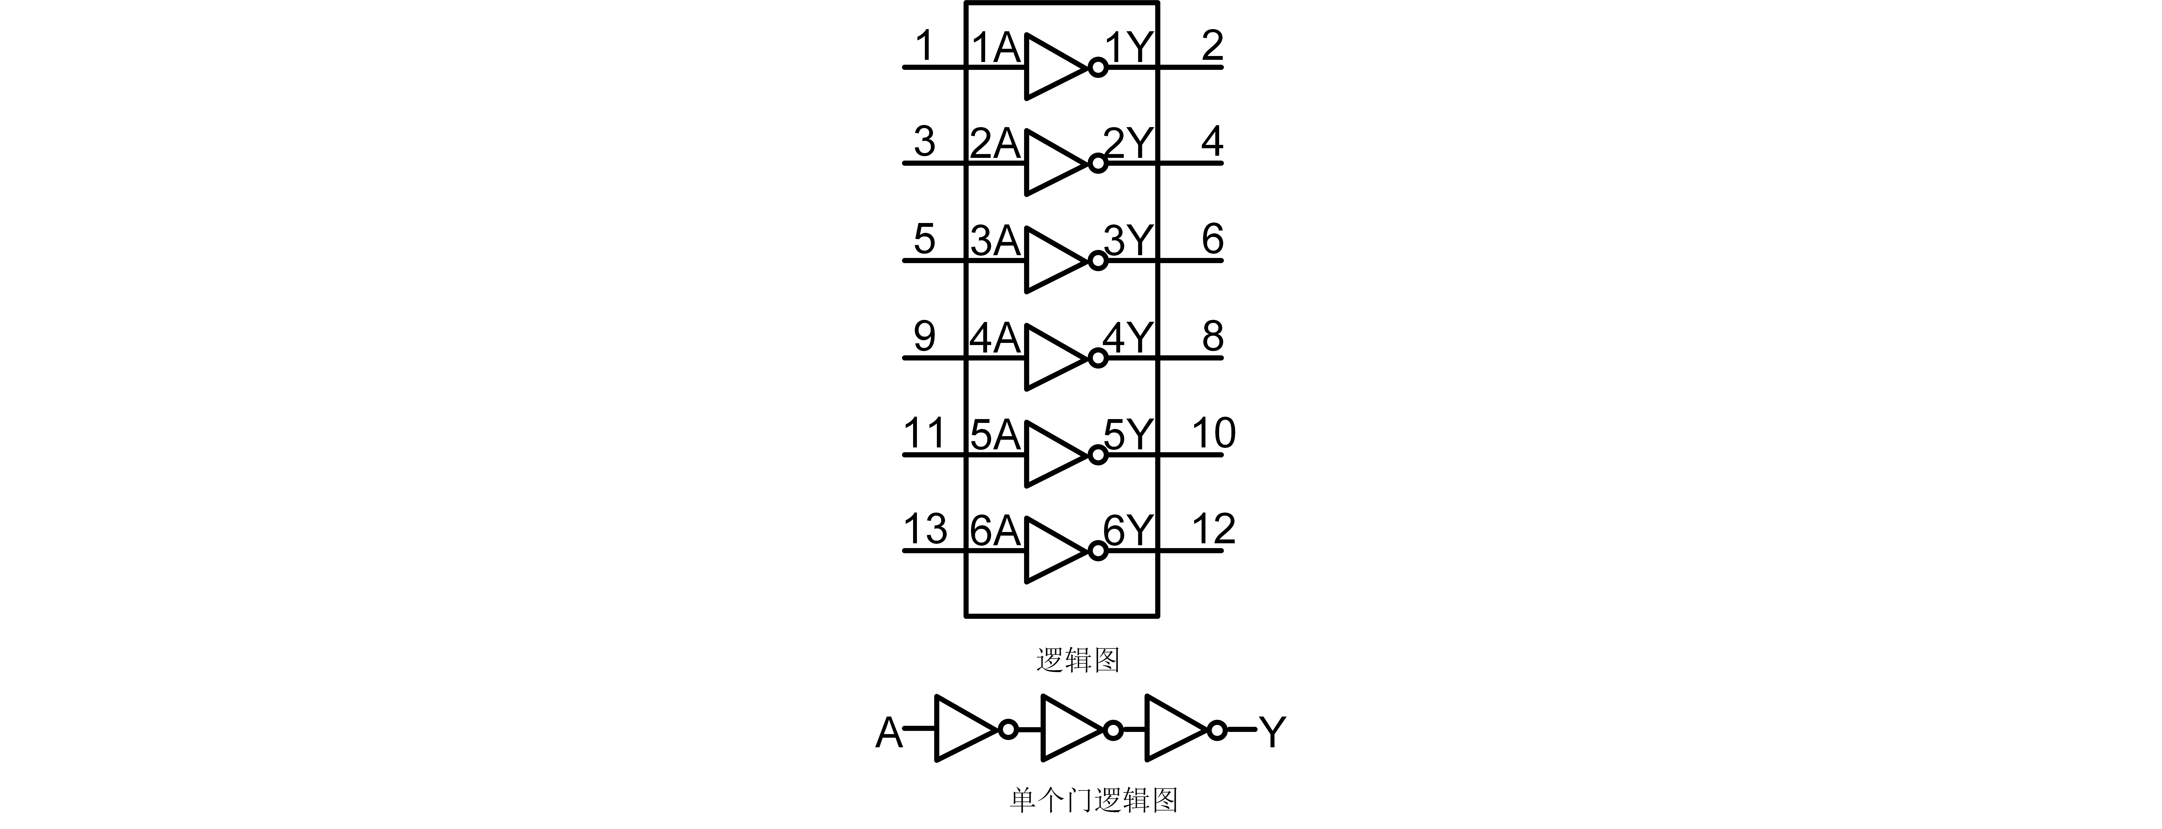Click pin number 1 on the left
click(x=924, y=46)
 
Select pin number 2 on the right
click(x=1212, y=46)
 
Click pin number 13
click(x=925, y=530)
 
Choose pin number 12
click(x=1214, y=530)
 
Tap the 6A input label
click(x=995, y=531)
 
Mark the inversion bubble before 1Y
click(x=1097, y=67)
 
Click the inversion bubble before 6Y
click(x=1097, y=551)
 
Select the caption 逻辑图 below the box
click(x=1078, y=660)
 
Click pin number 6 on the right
click(x=1212, y=240)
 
